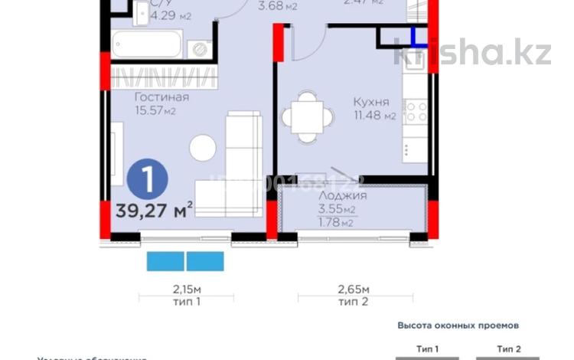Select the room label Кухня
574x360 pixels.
tap(371, 102)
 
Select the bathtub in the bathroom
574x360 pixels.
tap(146, 44)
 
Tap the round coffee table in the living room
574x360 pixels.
tap(203, 147)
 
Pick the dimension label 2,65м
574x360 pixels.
tap(354, 290)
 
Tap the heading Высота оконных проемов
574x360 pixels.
tap(448, 325)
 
